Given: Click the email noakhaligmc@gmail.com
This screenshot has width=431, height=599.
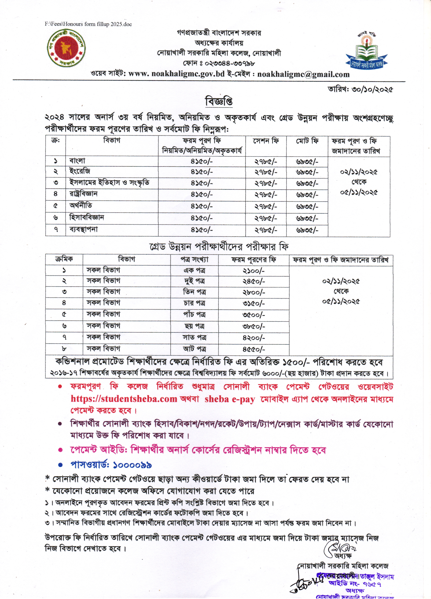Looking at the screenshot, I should pos(303,74).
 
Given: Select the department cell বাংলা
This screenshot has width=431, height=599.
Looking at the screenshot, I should pos(77,161).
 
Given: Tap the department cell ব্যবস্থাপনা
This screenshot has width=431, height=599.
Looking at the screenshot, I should pos(84,229).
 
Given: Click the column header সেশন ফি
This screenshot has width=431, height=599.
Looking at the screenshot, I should pos(266,141).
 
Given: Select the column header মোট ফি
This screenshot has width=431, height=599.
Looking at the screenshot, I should pos(307,141).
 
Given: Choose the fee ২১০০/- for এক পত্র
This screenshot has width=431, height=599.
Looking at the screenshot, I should pos(254,271).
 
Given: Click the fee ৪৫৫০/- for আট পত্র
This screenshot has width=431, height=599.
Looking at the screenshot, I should pos(254,349).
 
